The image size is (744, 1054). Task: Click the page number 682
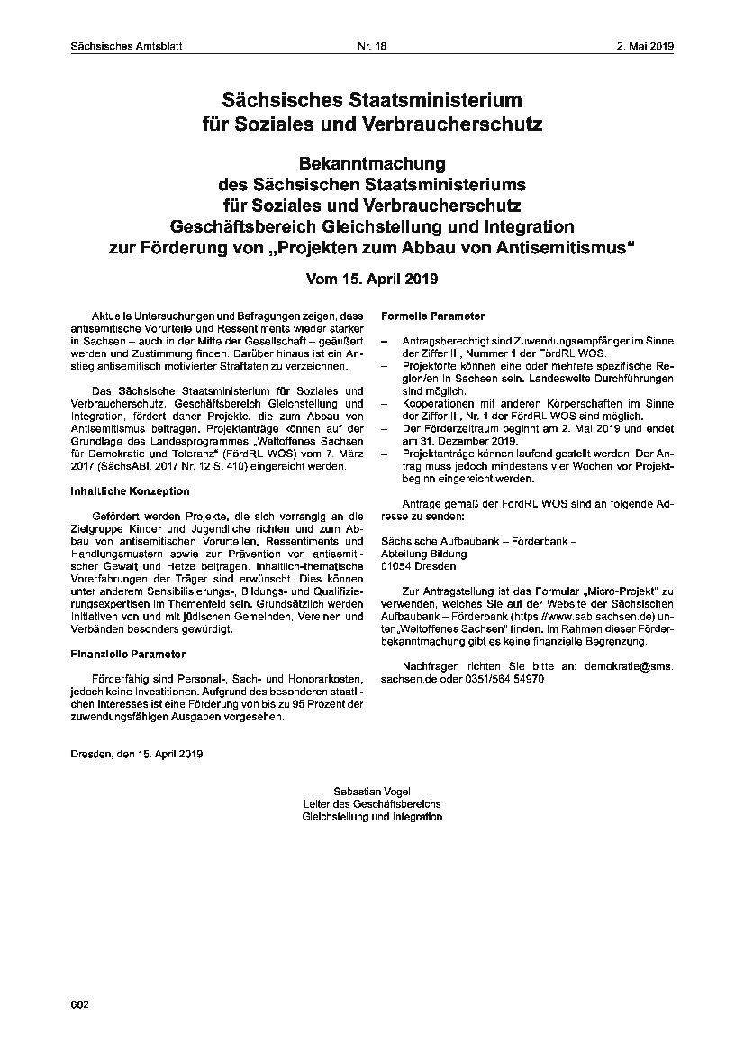(78, 1004)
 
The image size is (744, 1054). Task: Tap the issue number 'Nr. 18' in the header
(371, 47)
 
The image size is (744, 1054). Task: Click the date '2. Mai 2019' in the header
(647, 47)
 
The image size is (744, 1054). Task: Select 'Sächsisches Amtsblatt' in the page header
(126, 47)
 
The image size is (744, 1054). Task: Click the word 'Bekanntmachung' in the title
(372, 164)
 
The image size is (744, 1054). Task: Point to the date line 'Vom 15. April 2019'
(372, 279)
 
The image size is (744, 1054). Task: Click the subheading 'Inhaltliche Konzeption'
(130, 491)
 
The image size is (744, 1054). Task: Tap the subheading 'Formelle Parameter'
(433, 316)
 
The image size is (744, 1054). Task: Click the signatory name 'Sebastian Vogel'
(372, 790)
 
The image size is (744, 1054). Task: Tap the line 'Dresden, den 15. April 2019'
(137, 753)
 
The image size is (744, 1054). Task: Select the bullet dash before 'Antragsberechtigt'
(386, 342)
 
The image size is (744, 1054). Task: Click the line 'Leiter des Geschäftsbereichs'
(372, 803)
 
